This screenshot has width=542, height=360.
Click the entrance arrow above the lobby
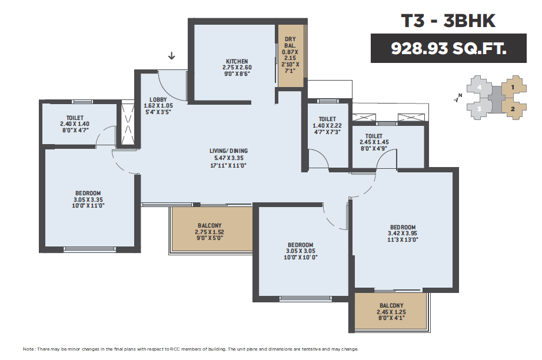tap(171, 56)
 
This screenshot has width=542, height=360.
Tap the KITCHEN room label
tap(237, 62)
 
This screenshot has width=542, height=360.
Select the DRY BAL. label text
tap(290, 42)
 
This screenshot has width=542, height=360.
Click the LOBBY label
tap(158, 100)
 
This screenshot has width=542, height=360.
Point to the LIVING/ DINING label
tap(228, 151)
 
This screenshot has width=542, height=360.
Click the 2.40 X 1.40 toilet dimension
tap(75, 124)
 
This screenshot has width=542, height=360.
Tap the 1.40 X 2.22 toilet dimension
tap(327, 126)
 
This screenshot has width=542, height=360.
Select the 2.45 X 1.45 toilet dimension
tap(374, 142)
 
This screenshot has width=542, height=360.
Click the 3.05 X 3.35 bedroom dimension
tap(88, 199)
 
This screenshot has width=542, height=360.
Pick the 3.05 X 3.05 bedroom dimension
tap(301, 251)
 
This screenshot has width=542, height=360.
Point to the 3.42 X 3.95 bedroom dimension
tap(403, 233)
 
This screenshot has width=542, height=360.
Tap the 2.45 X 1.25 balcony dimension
tap(391, 312)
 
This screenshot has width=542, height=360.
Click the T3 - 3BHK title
tap(448, 21)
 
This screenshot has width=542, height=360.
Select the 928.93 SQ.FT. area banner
tap(448, 48)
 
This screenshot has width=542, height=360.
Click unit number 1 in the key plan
tap(513, 87)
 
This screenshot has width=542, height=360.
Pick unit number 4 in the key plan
tap(479, 87)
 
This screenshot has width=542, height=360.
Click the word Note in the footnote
tap(28, 349)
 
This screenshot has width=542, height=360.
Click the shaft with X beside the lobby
tap(128, 124)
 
